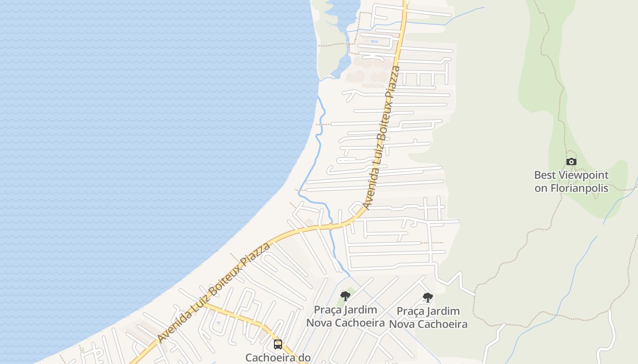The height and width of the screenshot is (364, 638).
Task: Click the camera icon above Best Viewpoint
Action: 571,162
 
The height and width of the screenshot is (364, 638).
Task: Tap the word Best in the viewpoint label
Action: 545,175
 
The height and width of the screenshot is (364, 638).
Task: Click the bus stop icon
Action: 278,344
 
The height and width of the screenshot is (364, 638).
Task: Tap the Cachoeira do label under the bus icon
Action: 278,358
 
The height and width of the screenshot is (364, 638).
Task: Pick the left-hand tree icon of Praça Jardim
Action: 345,296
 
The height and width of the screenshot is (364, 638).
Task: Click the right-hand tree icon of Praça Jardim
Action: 427,298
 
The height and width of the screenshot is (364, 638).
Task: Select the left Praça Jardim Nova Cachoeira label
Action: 345,316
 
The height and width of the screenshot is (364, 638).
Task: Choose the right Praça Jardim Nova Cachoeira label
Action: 428,318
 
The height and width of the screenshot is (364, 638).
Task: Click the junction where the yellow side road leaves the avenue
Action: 204,304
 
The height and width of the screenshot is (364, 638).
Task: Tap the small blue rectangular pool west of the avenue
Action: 374,41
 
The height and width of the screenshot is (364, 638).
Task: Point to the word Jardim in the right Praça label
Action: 442,311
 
